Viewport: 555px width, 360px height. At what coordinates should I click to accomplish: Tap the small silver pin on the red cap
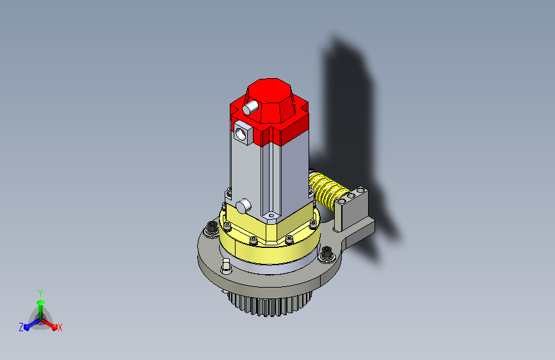coord(250,107)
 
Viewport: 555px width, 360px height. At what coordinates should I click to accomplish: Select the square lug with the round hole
coord(243,133)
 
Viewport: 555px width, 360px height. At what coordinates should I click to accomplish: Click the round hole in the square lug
coord(241,134)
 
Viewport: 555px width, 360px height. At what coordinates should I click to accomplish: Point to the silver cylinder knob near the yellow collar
coord(243,206)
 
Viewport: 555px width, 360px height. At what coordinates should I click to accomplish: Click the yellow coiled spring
coord(327,192)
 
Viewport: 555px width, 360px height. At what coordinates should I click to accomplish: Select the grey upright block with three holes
coord(351,208)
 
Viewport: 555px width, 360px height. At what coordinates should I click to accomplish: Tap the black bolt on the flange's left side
coord(212,227)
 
